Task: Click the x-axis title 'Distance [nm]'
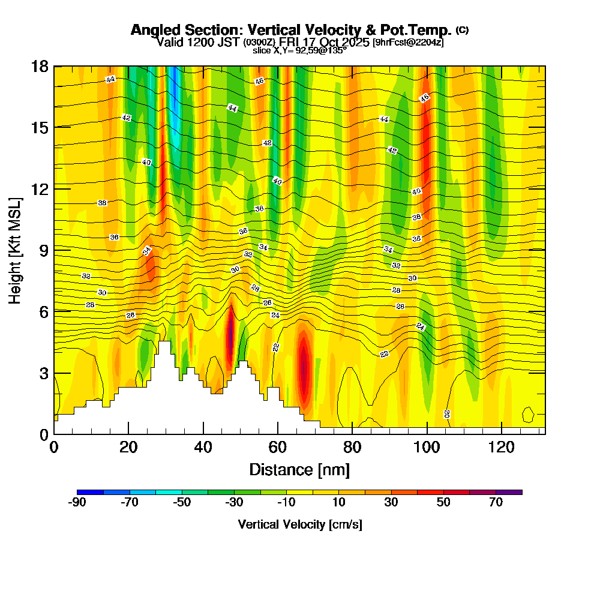click(299, 469)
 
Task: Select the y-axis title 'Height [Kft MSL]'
click(15, 249)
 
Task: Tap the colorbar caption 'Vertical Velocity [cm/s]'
click(299, 525)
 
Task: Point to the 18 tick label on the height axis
click(40, 66)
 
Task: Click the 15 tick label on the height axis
click(40, 127)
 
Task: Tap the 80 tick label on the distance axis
click(352, 448)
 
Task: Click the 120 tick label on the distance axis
click(501, 448)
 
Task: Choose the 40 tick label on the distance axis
click(203, 448)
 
